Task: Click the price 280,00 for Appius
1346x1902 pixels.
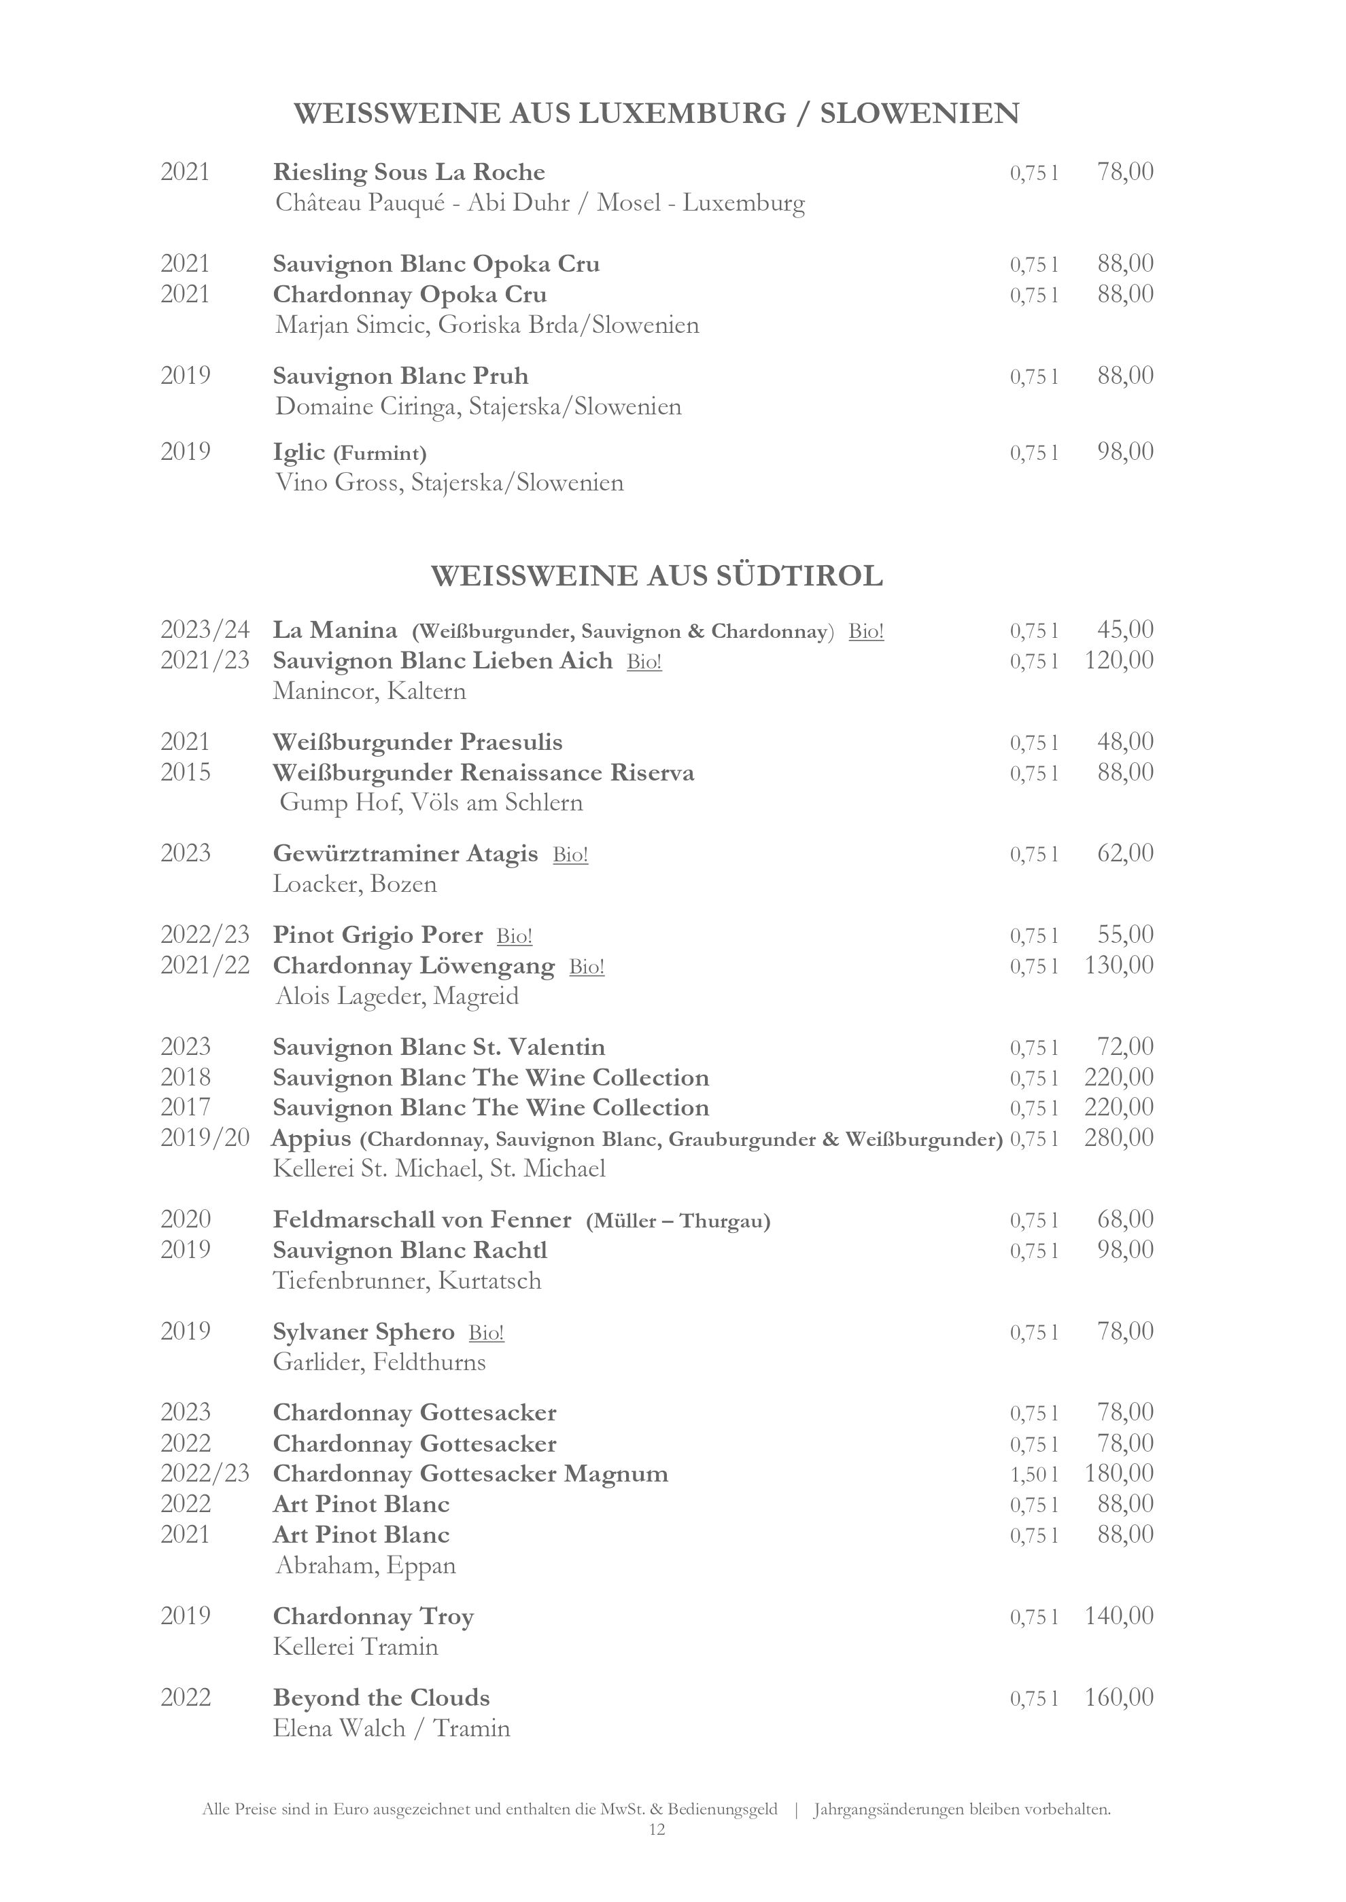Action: pos(1118,1137)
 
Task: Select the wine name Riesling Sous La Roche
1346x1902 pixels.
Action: pos(409,173)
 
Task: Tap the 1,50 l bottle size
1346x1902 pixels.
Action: pos(1033,1474)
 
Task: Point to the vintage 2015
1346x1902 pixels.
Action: pos(186,772)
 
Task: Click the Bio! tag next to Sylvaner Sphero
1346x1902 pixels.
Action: pos(487,1332)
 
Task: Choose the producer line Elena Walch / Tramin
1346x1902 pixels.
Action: pos(391,1729)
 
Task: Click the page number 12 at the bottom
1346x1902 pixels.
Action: pos(657,1830)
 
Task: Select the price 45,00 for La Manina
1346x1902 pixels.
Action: pos(1124,630)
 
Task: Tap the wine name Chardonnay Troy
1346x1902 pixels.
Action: pos(373,1616)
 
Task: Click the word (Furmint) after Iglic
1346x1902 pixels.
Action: pos(379,453)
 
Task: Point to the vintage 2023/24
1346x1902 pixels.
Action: pos(205,630)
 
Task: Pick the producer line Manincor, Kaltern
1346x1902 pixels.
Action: pos(369,691)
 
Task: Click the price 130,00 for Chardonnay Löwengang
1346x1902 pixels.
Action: pos(1118,965)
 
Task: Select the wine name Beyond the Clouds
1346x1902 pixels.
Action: pos(381,1698)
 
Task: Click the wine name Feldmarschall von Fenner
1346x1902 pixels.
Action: pos(422,1219)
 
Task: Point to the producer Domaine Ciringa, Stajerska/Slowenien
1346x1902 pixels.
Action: pos(478,407)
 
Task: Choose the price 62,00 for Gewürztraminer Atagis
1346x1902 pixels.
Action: pos(1124,853)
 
